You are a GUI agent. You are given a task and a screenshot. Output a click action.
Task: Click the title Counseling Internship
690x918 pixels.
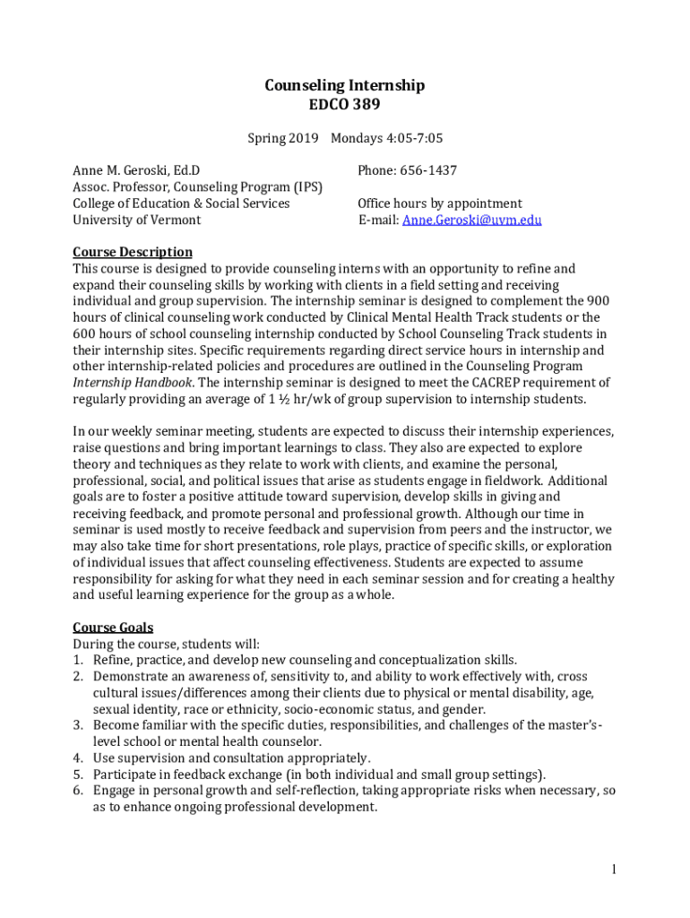344,86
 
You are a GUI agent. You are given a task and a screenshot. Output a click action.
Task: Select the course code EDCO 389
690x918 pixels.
344,105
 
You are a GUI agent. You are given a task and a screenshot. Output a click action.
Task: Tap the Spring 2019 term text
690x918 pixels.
277,138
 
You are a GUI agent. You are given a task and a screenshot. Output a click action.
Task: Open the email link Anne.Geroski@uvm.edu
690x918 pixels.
471,220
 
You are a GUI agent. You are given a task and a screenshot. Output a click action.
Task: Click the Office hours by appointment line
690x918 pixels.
439,204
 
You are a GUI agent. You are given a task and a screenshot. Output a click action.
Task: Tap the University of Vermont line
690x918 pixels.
136,220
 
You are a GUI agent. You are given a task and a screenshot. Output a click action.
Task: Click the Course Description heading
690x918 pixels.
132,252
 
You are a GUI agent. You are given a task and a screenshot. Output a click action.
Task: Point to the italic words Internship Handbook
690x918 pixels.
132,383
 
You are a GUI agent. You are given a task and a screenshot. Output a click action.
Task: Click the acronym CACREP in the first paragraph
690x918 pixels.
488,383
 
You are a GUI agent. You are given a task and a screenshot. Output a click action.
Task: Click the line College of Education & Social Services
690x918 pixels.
181,204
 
